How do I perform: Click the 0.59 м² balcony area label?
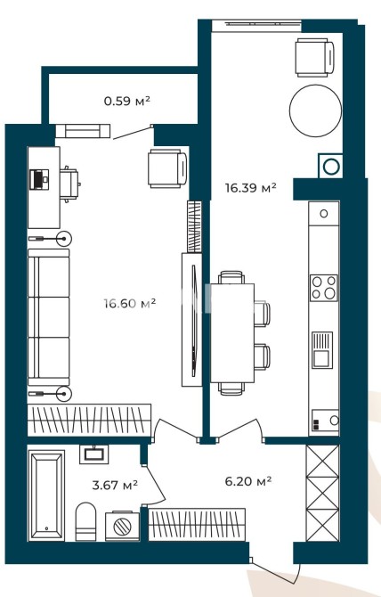(x=127, y=101)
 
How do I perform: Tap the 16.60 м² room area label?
(x=130, y=304)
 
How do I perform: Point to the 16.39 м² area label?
(x=250, y=187)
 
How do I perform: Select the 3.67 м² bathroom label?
(x=115, y=485)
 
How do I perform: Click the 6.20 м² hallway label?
(x=247, y=481)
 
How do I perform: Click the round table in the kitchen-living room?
(x=315, y=110)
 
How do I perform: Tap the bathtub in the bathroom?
(x=46, y=495)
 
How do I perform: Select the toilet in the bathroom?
(x=86, y=521)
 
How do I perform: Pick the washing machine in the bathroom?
(x=123, y=526)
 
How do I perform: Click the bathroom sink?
(x=93, y=454)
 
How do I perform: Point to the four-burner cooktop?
(x=324, y=288)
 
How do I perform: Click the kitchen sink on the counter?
(x=322, y=350)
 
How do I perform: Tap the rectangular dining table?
(x=232, y=332)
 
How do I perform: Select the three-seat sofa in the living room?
(x=49, y=317)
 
